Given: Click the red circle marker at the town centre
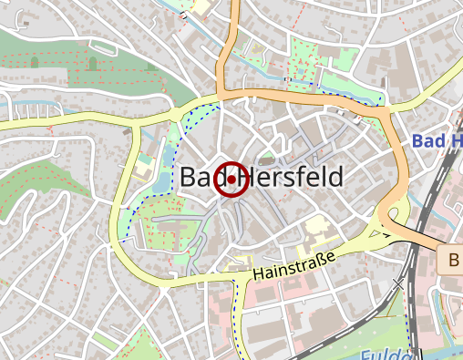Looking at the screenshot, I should (231, 180).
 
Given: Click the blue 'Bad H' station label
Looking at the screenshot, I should (437, 141).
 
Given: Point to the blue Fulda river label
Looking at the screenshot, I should (383, 355).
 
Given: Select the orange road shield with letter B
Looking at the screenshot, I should (452, 261).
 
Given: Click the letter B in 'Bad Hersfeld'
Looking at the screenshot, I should (189, 178).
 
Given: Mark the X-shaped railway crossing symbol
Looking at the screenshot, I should (397, 284).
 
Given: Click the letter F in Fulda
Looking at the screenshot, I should (365, 355).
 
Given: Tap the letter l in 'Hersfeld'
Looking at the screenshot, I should (322, 178).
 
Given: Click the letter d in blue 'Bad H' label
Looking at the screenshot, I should (440, 141).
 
